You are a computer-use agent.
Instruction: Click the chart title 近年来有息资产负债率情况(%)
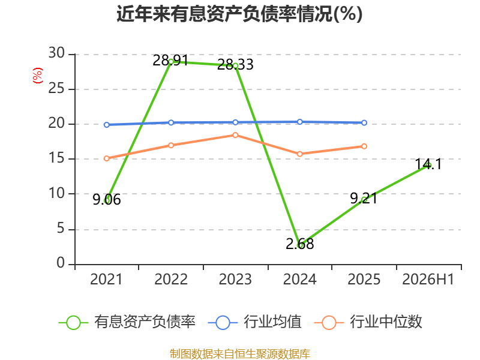(x=239, y=14)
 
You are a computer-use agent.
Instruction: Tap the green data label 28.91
(x=170, y=61)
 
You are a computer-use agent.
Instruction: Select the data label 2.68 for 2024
(x=299, y=244)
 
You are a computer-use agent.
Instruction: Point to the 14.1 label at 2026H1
(x=428, y=164)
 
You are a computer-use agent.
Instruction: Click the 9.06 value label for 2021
(x=107, y=200)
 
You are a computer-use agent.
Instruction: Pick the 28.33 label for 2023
(x=235, y=64)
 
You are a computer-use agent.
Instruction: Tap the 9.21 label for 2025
(x=364, y=199)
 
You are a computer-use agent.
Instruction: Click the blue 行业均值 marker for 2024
(x=299, y=122)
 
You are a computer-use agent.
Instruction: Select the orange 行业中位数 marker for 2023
(x=235, y=135)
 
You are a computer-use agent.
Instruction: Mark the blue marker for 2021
(x=107, y=125)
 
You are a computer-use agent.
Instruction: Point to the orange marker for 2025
(x=364, y=146)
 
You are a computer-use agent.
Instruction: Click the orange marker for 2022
(x=171, y=145)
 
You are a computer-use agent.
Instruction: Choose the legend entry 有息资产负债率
(x=127, y=322)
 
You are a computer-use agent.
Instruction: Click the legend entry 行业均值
(x=254, y=322)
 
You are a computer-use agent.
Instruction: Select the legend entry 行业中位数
(x=368, y=322)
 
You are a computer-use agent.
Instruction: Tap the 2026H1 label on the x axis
(x=428, y=279)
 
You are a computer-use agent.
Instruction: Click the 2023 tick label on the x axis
(x=235, y=279)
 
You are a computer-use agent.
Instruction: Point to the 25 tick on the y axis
(x=56, y=88)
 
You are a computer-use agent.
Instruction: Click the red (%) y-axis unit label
(x=38, y=76)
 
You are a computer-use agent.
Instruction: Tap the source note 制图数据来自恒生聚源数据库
(x=240, y=354)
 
